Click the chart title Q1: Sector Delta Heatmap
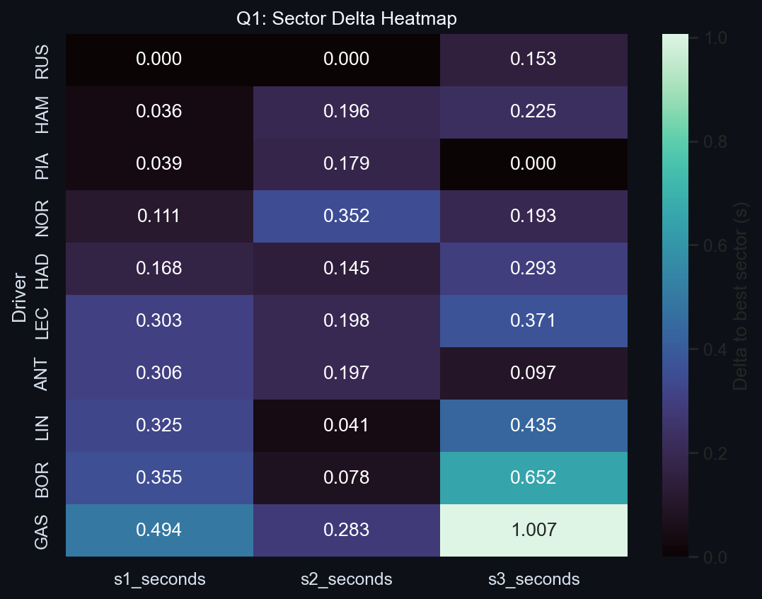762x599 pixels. (x=346, y=19)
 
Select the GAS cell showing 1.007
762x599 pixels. (x=533, y=530)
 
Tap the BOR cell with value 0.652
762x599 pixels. (x=533, y=478)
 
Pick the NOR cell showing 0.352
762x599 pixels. (x=346, y=216)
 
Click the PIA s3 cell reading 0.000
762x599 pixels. (x=533, y=164)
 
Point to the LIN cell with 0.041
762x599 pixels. (x=346, y=426)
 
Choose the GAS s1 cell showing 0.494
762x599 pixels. (x=159, y=530)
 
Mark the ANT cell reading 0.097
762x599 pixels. (x=533, y=373)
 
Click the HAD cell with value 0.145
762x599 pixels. (x=346, y=269)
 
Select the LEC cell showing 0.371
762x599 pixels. (x=533, y=321)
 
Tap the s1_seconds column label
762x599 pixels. (x=159, y=579)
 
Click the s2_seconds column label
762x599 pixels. (x=346, y=579)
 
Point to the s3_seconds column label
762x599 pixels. (x=533, y=579)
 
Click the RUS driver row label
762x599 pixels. (x=42, y=59)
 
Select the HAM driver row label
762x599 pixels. (x=42, y=112)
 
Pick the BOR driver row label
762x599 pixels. (x=42, y=478)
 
